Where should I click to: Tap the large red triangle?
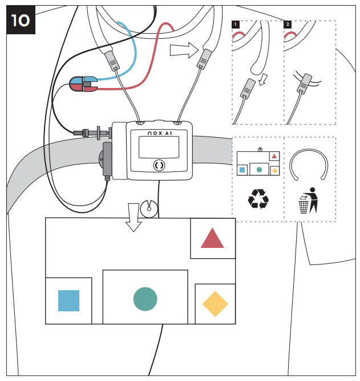(x=212, y=239)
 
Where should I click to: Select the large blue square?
(x=68, y=300)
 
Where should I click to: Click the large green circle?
(x=145, y=299)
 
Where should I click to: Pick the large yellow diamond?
(x=215, y=304)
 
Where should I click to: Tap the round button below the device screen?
(x=159, y=165)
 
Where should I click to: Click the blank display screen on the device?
(x=159, y=147)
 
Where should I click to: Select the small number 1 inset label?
(x=235, y=25)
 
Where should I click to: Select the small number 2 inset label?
(x=287, y=25)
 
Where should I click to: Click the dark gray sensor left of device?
(x=107, y=159)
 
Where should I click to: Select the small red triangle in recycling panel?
(x=274, y=155)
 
